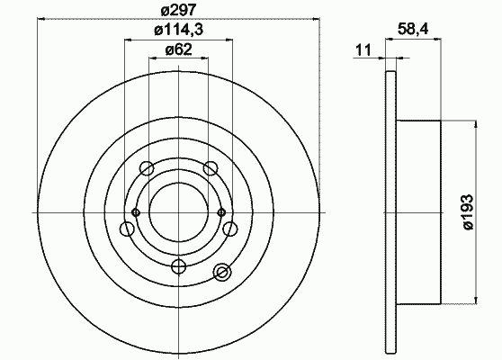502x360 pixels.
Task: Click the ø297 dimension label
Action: click(x=178, y=11)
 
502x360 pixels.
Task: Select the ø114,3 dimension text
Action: click(x=179, y=31)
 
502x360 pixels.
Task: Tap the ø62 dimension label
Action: click(x=178, y=49)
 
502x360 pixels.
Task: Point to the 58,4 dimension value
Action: click(x=413, y=30)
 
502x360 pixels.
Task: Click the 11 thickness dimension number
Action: click(x=363, y=50)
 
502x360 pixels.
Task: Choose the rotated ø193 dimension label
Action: click(x=468, y=212)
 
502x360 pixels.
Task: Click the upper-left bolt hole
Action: click(x=147, y=167)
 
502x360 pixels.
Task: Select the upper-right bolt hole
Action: click(x=211, y=167)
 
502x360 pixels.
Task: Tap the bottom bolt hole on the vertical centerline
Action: click(x=179, y=266)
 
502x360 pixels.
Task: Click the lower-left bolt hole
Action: click(x=127, y=229)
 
